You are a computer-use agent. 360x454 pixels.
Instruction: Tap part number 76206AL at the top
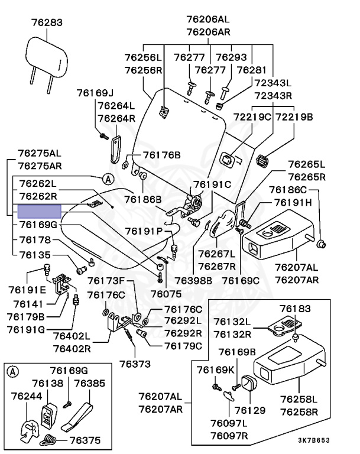[208, 19]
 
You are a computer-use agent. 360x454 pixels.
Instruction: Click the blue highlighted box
[40, 212]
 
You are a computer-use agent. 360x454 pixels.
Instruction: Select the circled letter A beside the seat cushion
[108, 179]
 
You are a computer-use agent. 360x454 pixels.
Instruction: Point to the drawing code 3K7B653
[314, 440]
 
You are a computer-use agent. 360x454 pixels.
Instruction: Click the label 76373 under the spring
[135, 364]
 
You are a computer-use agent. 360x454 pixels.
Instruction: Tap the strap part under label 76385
[77, 416]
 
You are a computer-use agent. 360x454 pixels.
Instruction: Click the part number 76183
[295, 309]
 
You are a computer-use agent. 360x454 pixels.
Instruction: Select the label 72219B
[294, 116]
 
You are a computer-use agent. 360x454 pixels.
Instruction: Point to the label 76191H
[293, 202]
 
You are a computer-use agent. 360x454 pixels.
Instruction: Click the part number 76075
[166, 294]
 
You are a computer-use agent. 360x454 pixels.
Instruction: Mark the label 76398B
[193, 281]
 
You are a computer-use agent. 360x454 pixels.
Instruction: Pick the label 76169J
[95, 93]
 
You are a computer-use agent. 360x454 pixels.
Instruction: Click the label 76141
[28, 304]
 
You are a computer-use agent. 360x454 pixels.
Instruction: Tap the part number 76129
[250, 410]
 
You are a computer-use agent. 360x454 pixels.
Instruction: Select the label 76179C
[183, 346]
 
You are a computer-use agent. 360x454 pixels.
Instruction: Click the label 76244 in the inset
[27, 396]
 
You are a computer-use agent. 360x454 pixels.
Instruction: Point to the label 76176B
[162, 155]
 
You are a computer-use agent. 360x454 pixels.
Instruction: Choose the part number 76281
[251, 70]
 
